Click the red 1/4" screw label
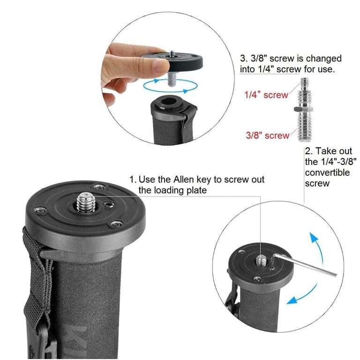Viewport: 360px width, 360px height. point(266,95)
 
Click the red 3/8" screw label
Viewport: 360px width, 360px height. point(268,135)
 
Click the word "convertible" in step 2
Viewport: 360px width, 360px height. point(327,172)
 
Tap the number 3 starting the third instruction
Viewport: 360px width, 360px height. point(243,59)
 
